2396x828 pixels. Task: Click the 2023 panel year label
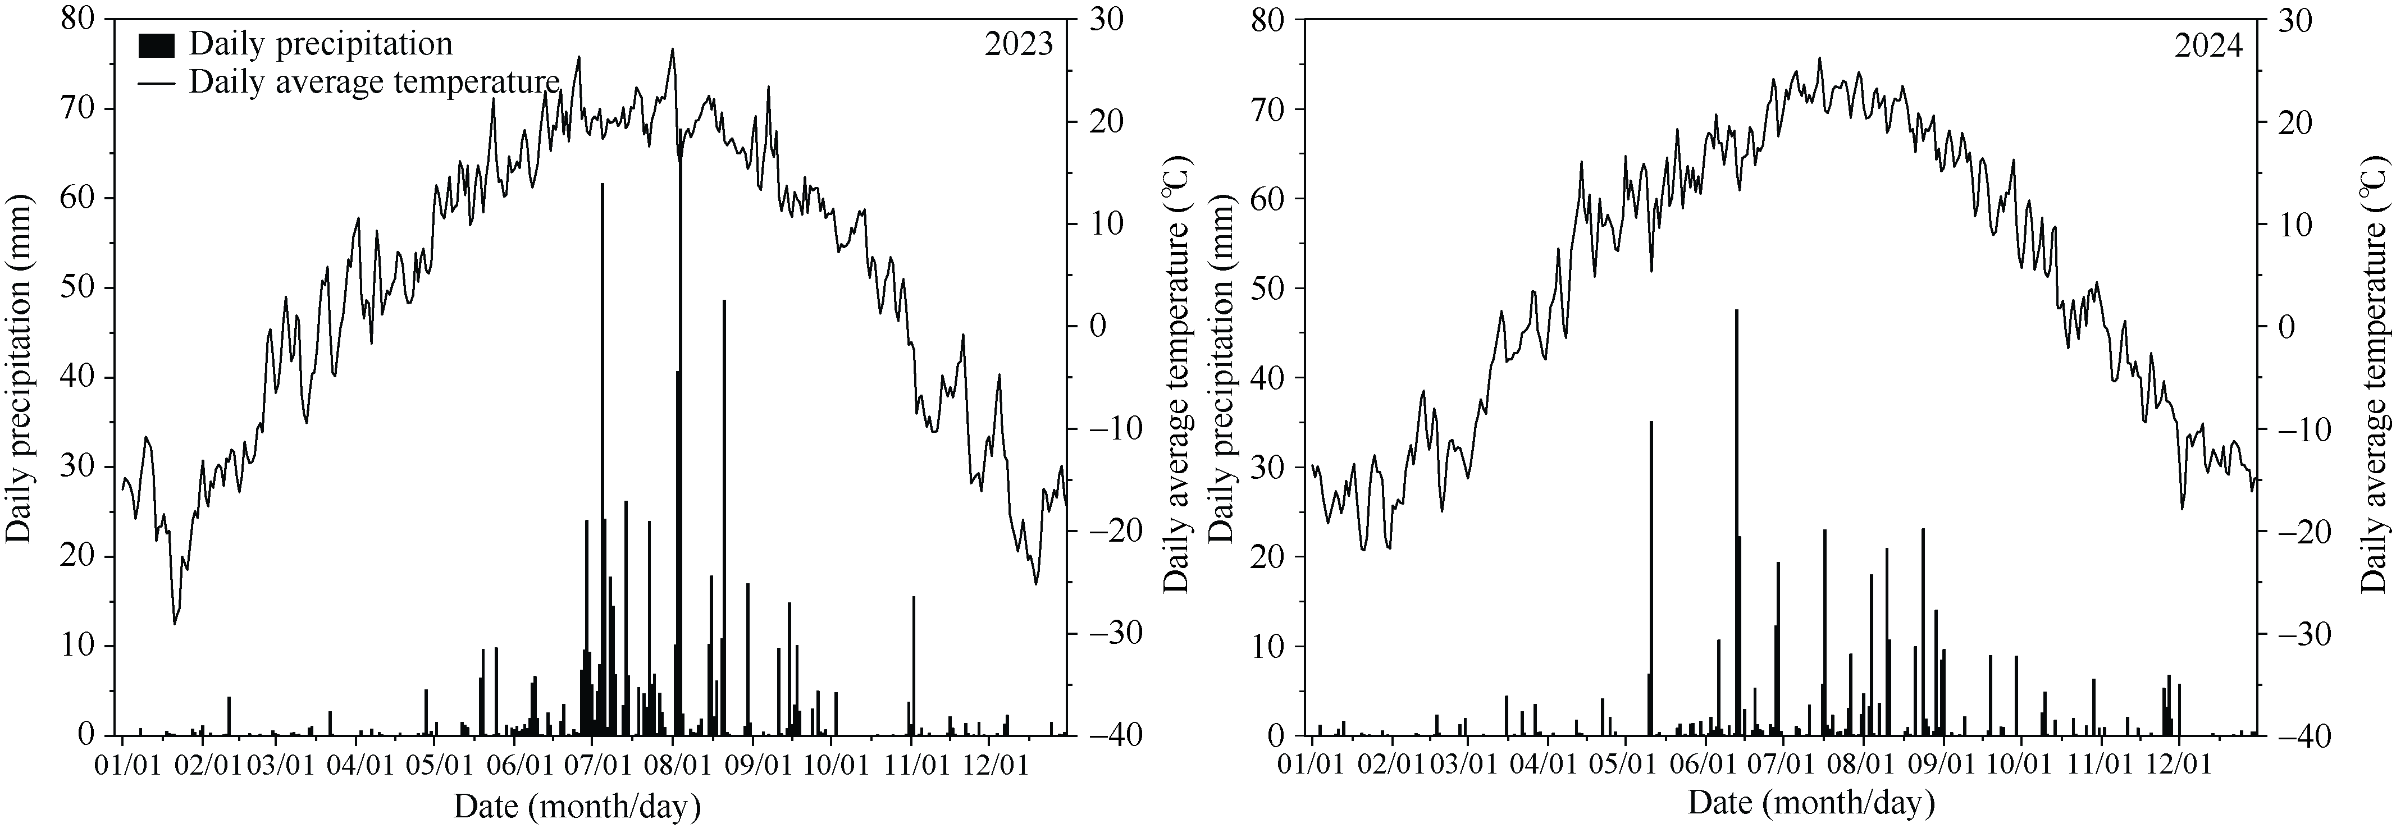pos(1019,45)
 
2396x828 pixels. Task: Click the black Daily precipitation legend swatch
pos(156,45)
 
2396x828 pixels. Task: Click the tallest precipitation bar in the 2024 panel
pos(1736,521)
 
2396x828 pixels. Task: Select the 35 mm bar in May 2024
pos(1651,577)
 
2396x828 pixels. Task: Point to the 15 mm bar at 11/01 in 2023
pos(914,665)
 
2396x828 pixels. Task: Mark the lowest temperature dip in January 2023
pos(174,623)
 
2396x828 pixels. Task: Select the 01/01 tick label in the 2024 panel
pos(1312,767)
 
